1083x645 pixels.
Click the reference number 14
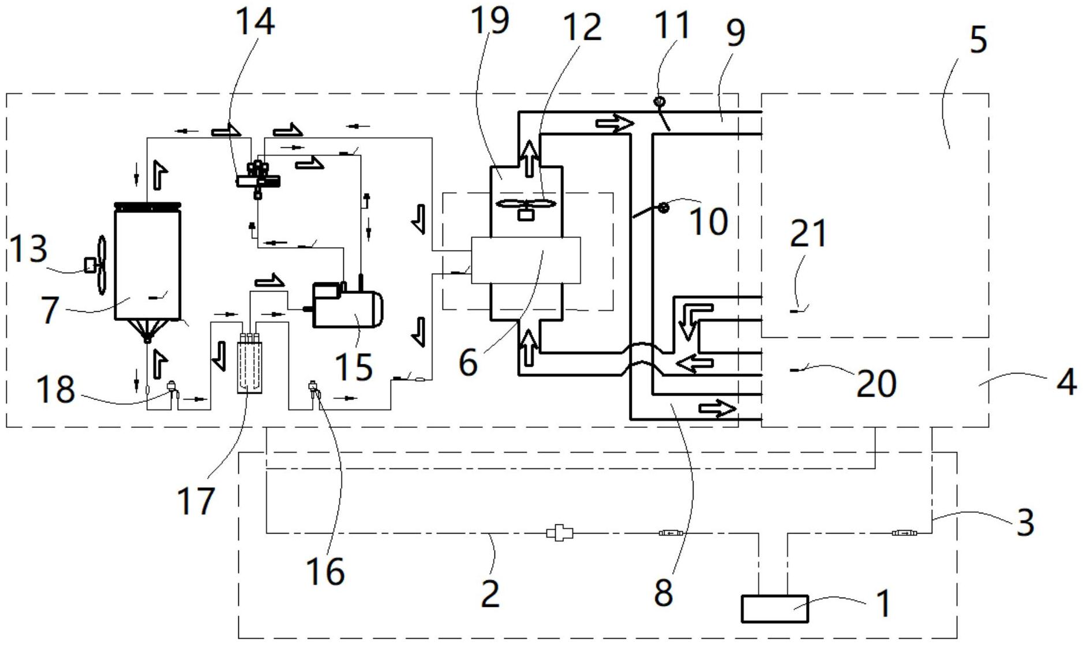click(x=254, y=22)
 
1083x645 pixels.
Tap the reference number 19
click(x=490, y=20)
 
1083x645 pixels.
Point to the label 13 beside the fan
click(x=29, y=249)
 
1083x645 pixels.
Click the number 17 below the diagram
click(x=196, y=500)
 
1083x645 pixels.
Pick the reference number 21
click(x=808, y=233)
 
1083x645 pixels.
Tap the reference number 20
click(x=876, y=383)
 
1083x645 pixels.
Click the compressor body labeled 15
click(x=347, y=305)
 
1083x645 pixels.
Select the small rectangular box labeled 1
click(x=774, y=609)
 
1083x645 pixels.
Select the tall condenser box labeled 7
click(x=148, y=263)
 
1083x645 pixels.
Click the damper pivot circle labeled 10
click(x=664, y=207)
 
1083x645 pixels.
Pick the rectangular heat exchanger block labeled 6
click(x=526, y=260)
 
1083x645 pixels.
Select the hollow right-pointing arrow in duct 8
click(x=717, y=409)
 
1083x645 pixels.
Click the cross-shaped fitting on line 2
click(x=559, y=532)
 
